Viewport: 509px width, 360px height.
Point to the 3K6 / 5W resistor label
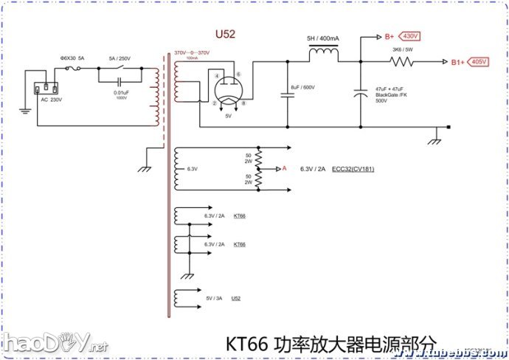pyautogui.click(x=402, y=50)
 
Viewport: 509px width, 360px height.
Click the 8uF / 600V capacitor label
pyautogui.click(x=303, y=88)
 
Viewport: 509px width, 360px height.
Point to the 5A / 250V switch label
pyautogui.click(x=119, y=58)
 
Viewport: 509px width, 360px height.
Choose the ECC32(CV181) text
pyautogui.click(x=353, y=169)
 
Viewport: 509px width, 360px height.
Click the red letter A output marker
pyautogui.click(x=284, y=169)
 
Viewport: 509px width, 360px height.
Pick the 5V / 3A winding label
pyautogui.click(x=214, y=298)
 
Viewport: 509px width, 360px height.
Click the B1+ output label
pyautogui.click(x=458, y=63)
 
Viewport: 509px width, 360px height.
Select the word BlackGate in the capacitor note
pyautogui.click(x=387, y=94)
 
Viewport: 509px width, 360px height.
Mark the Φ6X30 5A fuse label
pyautogui.click(x=72, y=58)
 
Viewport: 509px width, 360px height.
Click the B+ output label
pyautogui.click(x=389, y=35)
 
